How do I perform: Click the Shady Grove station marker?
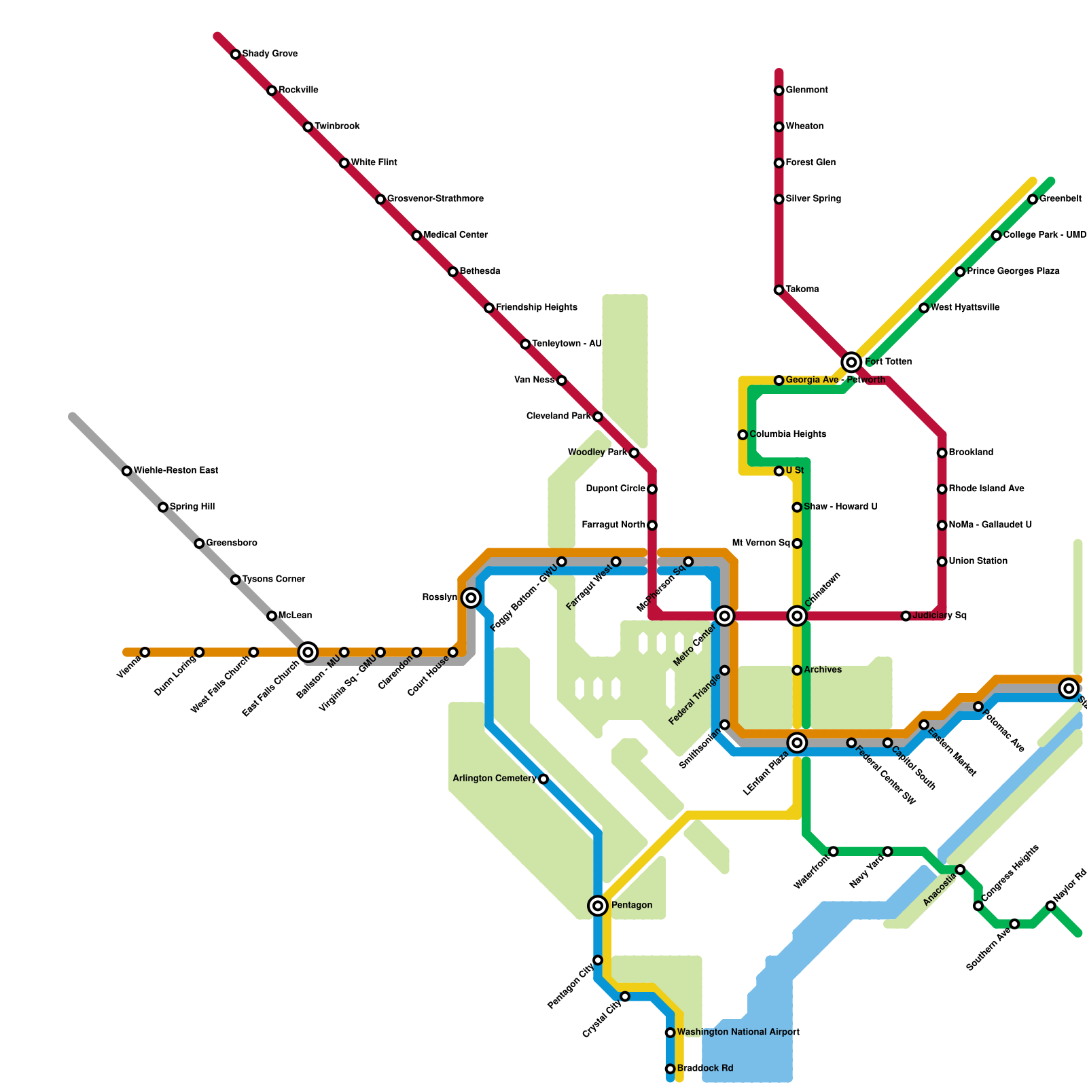pos(236,54)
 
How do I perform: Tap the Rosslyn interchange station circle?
pos(471,598)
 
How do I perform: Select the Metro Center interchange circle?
pos(725,616)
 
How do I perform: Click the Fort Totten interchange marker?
pos(851,362)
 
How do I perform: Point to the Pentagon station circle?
pos(598,905)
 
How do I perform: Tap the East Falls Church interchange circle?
pos(308,652)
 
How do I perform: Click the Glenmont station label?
pos(806,90)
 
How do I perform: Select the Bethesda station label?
pos(480,272)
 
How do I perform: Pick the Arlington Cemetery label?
pos(495,779)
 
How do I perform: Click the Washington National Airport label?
pos(738,1032)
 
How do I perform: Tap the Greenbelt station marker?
pos(1033,199)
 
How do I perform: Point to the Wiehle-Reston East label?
pos(175,471)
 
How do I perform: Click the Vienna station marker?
pos(145,652)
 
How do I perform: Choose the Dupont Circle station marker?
pos(652,489)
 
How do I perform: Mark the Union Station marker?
pos(942,562)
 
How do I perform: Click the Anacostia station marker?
pos(960,870)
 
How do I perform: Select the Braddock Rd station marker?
pos(671,1069)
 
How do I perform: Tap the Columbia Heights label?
pos(787,435)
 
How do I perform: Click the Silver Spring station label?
pos(813,199)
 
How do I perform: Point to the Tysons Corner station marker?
pos(235,580)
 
